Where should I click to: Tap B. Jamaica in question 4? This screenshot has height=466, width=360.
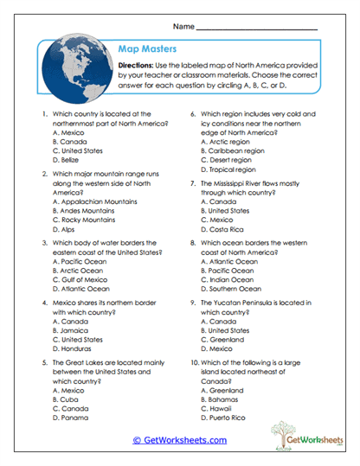click(69, 329)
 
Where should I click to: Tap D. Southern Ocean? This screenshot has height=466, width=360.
click(231, 289)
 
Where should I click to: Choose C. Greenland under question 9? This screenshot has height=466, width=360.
click(222, 339)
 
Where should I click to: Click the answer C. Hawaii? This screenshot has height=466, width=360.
click(217, 408)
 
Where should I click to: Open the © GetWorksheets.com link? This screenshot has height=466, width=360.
click(179, 439)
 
